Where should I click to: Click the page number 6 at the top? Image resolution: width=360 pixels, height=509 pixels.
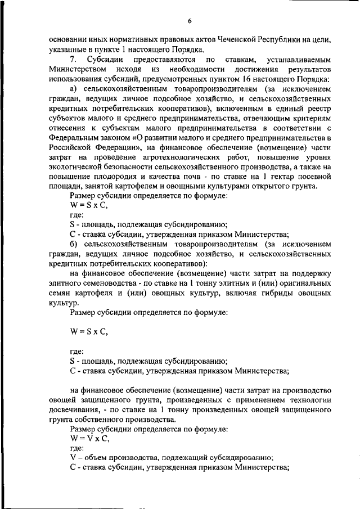tap(190, 21)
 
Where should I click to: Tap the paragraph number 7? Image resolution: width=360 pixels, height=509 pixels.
tap(72, 59)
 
